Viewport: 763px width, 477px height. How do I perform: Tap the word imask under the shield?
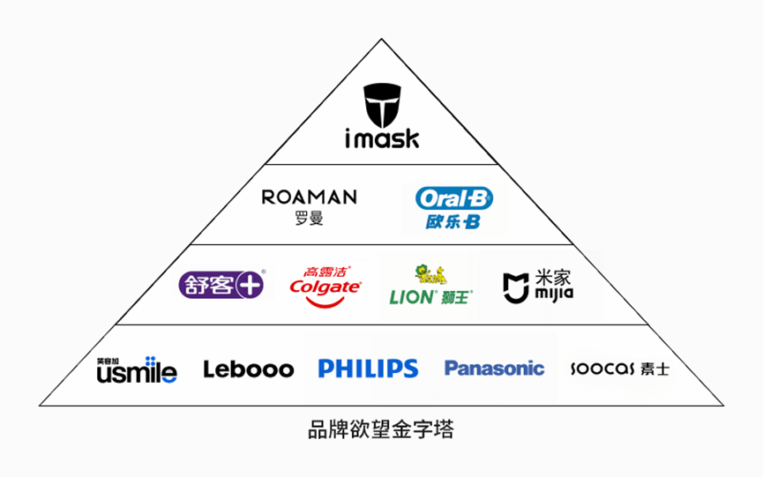[x=381, y=138]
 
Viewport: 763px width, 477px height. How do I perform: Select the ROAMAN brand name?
[x=310, y=196]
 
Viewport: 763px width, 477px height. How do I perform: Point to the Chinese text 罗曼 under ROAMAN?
[x=310, y=218]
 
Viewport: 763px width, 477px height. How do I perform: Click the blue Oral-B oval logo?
[x=454, y=198]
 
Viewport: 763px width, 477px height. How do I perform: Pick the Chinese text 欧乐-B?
[x=454, y=220]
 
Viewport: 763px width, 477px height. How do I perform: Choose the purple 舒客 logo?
[x=221, y=285]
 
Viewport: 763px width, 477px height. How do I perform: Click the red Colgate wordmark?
[x=325, y=287]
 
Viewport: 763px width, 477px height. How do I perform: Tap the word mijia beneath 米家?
[x=554, y=293]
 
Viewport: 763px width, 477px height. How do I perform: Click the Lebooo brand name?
[x=249, y=369]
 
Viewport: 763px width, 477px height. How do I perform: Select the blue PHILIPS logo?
[x=368, y=369]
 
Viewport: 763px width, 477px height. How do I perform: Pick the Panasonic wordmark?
[x=494, y=369]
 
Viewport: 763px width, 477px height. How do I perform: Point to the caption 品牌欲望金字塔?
[x=381, y=430]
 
